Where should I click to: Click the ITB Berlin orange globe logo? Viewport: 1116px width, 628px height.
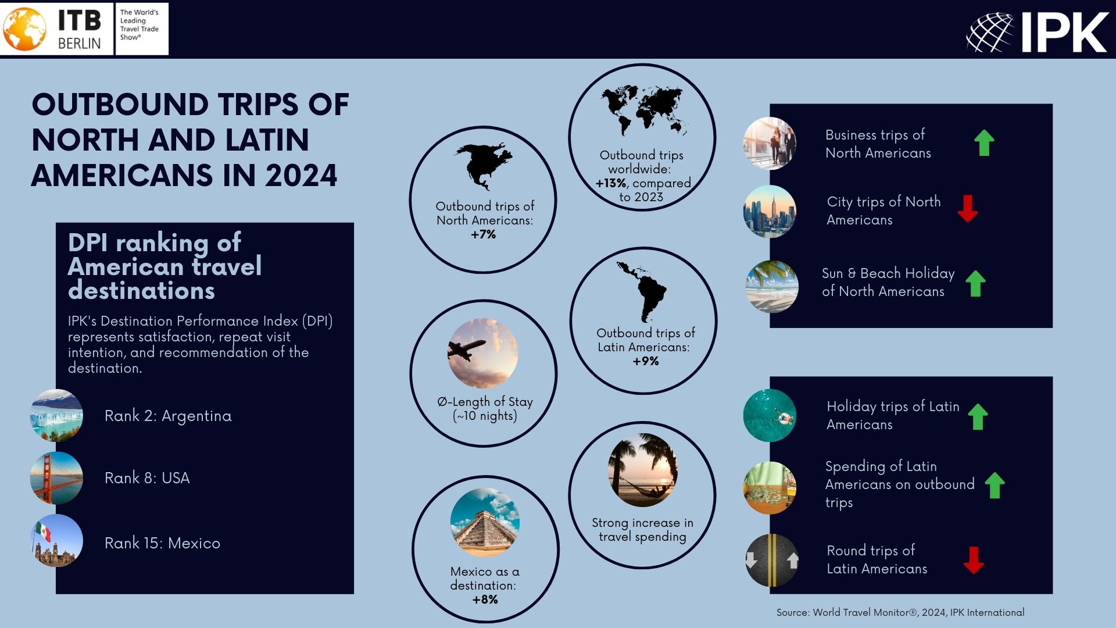click(x=24, y=28)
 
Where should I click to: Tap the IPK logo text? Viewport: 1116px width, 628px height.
click(x=1064, y=33)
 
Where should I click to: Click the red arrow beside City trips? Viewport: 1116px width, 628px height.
click(x=968, y=209)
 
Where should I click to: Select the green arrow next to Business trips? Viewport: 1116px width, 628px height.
click(x=984, y=142)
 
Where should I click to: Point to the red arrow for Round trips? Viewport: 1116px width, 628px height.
click(x=974, y=560)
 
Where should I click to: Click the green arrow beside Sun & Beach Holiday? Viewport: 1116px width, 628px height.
click(x=976, y=284)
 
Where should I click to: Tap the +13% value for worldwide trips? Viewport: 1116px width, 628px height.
click(x=611, y=183)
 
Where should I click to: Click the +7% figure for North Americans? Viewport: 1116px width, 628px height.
click(x=484, y=234)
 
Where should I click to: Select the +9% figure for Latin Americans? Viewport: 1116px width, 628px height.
click(x=646, y=361)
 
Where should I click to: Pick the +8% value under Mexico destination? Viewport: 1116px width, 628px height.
click(x=485, y=600)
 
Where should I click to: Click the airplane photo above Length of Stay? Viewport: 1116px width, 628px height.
click(x=482, y=353)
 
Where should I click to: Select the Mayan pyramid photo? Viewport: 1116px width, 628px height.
click(x=485, y=523)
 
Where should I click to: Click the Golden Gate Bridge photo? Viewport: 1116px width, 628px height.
click(x=56, y=478)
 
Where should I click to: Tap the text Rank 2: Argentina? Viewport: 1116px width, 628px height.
click(x=168, y=416)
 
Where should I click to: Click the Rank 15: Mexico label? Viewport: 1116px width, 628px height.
click(x=162, y=543)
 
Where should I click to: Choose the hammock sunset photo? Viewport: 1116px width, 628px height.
click(x=643, y=470)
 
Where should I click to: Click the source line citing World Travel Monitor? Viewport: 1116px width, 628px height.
click(x=900, y=612)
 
